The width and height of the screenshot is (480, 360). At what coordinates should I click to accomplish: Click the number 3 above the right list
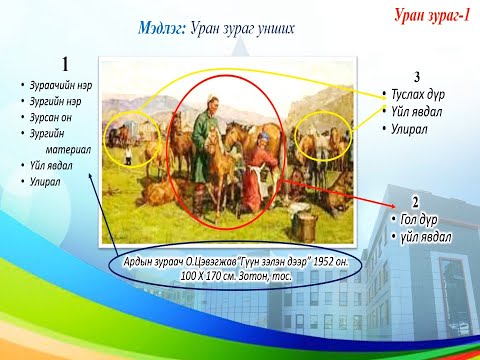pyautogui.click(x=416, y=78)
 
